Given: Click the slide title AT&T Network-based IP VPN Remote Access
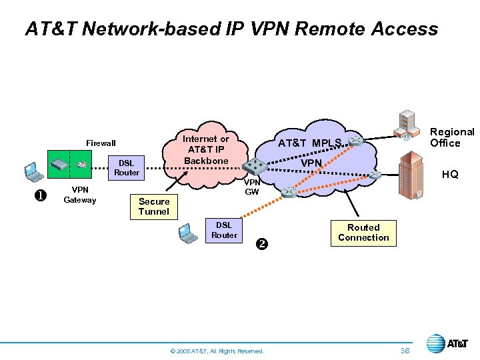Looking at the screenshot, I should (231, 29).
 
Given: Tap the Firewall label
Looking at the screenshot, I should (101, 143).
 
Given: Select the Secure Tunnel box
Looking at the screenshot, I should (154, 207).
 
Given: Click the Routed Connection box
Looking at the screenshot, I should (363, 233).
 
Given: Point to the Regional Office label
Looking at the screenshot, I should (451, 137).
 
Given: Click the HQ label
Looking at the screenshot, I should (450, 175).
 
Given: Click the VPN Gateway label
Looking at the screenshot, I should (79, 195).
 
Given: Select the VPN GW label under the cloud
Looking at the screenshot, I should (251, 187).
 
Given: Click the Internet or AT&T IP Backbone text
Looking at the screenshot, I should (206, 150).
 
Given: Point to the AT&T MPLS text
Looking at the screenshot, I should (309, 143).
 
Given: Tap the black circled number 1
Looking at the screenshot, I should (39, 195).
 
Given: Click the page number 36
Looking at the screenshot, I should (405, 350).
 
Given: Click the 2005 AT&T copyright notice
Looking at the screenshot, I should (217, 351).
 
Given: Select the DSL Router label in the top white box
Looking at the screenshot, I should (127, 168).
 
